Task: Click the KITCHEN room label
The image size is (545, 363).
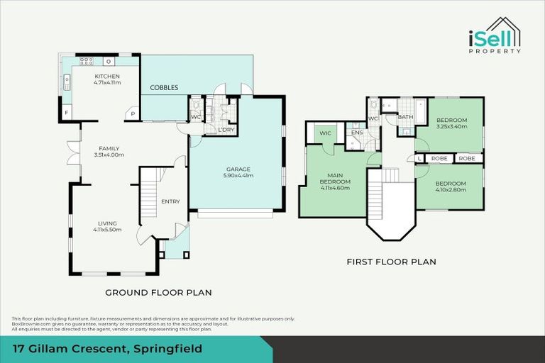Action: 106,76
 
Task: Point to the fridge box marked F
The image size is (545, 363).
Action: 66,113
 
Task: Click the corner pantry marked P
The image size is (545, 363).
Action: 132,113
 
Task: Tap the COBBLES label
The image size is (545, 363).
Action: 164,87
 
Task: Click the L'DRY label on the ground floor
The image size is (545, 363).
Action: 226,130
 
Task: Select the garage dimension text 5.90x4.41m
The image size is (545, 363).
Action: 239,176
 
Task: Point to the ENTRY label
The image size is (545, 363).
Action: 170,201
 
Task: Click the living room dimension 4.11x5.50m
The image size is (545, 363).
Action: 107,229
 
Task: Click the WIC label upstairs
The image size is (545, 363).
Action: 326,133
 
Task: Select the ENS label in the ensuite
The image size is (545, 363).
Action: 357,133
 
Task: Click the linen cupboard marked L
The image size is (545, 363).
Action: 419,158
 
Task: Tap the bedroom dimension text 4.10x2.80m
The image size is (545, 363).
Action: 451,189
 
